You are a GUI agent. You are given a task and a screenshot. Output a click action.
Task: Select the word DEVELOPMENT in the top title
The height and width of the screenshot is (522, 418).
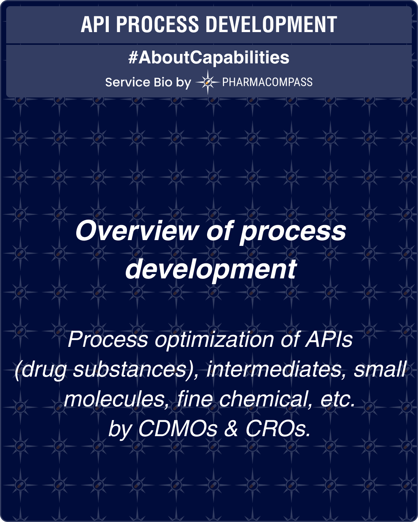coord(271,24)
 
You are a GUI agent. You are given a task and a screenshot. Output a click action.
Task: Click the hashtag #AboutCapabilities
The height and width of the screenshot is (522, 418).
coord(209,58)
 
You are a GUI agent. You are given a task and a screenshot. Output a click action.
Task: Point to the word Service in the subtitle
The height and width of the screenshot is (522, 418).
coord(127,82)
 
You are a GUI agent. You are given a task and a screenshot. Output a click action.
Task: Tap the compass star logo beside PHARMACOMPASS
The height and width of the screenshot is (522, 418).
coord(208,82)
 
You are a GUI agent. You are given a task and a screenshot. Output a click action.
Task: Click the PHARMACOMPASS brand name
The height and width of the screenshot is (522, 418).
coord(267,82)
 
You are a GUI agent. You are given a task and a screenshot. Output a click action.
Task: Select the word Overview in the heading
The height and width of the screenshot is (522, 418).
coord(137,231)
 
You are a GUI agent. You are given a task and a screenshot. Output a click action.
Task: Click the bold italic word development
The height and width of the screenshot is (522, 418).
coord(211,269)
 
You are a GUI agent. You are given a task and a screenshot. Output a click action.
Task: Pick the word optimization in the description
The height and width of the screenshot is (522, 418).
coord(214,340)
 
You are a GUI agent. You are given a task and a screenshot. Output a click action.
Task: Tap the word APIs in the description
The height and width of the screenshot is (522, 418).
coord(329,340)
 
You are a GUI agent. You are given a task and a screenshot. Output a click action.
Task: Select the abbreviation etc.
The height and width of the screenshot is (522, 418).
coord(337,399)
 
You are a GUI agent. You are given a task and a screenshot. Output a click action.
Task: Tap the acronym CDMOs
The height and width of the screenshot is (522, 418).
coord(178,428)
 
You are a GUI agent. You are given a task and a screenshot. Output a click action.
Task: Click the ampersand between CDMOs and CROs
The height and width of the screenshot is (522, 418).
coord(231,428)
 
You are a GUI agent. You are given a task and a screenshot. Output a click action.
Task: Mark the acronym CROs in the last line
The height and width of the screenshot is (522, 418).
coord(278,428)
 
